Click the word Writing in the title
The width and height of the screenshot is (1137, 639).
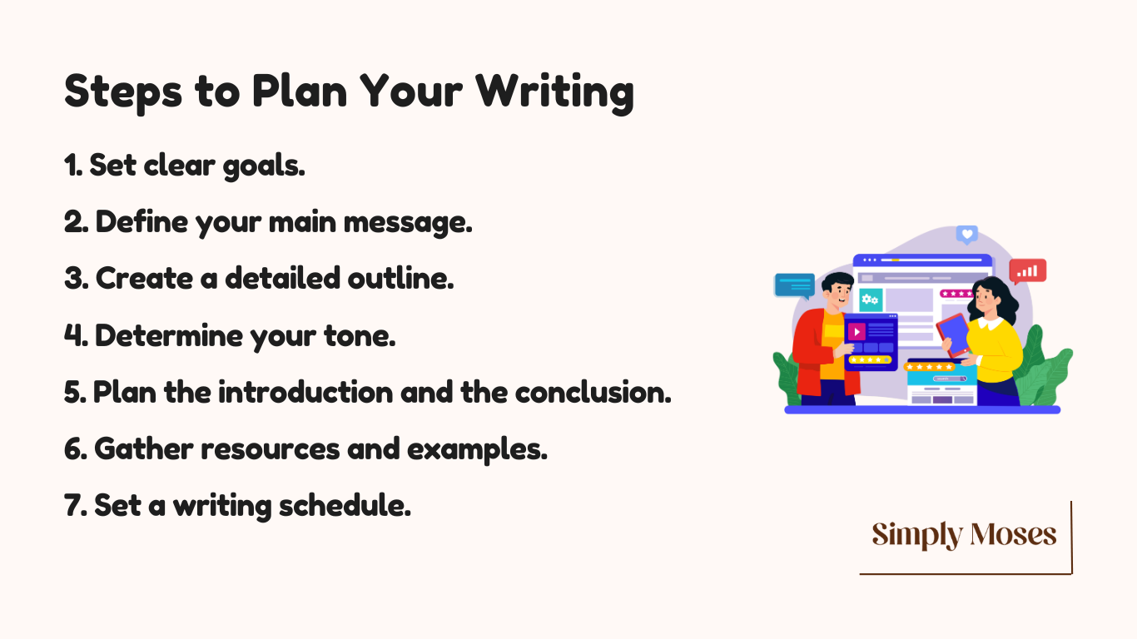coord(555,92)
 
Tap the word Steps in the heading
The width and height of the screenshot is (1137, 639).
coord(123,92)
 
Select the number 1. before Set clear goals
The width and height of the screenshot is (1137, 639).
coord(73,166)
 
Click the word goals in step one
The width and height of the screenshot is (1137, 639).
coord(264,166)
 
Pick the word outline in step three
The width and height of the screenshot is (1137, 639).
coord(400,278)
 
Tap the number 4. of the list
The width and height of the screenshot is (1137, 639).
coord(76,336)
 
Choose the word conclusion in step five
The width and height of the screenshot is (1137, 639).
coord(593,393)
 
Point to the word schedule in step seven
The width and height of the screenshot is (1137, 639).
coord(345,506)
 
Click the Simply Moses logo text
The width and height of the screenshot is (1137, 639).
coord(964,535)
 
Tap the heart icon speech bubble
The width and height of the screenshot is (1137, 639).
coord(966,235)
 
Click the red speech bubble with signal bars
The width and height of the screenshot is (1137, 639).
coord(1027,271)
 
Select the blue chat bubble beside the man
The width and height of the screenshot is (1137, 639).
coord(794,285)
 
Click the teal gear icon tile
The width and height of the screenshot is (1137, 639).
coord(871,300)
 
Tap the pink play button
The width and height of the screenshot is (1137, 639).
coord(856,332)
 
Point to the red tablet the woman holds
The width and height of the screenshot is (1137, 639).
coord(953,335)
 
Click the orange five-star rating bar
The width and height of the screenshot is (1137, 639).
coord(929,366)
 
